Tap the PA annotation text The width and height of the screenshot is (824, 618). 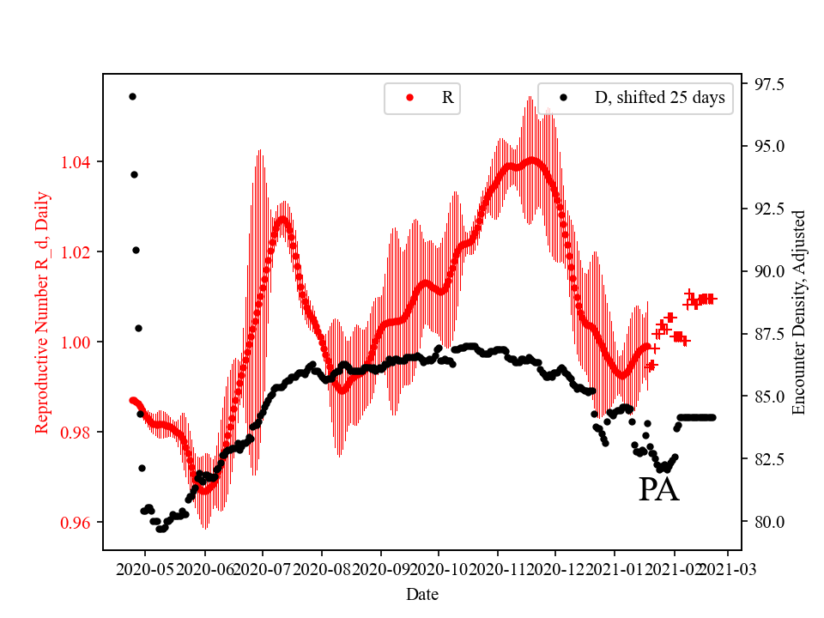coord(658,490)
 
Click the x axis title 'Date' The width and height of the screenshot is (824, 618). coord(422,593)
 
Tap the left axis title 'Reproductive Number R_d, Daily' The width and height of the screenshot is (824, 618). coord(41,312)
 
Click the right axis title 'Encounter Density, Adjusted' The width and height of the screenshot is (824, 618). coord(799,312)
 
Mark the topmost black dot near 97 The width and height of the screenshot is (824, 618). coord(132,96)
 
